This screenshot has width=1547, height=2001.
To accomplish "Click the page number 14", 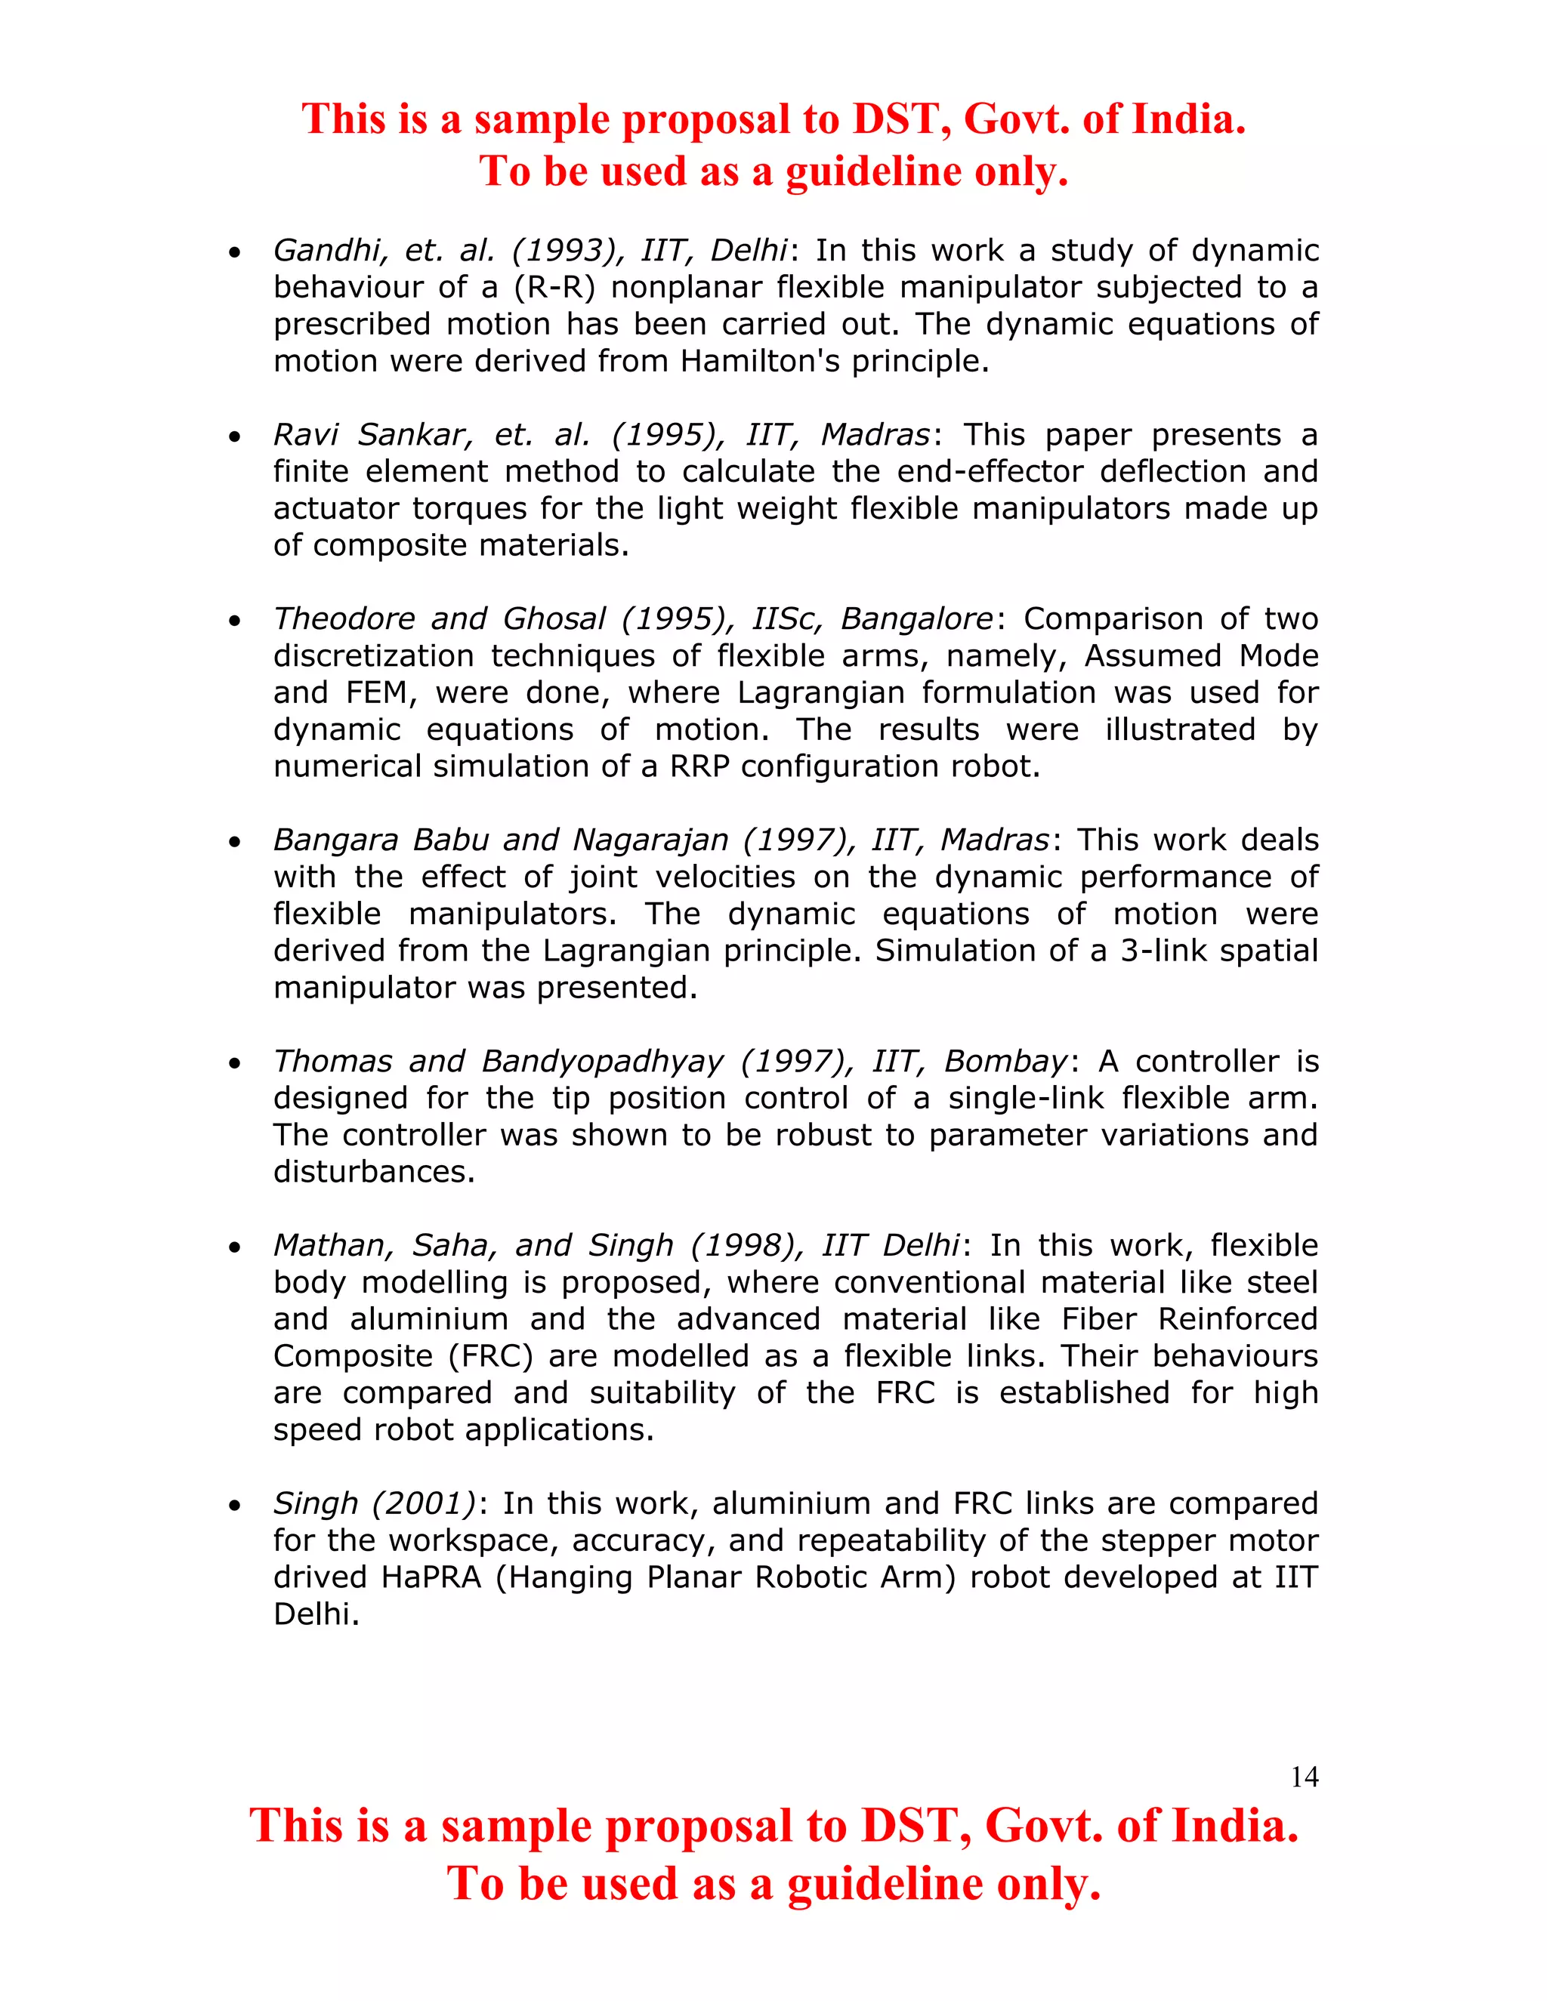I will click(x=1303, y=1777).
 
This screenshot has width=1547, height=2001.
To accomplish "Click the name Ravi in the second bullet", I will click(x=306, y=434).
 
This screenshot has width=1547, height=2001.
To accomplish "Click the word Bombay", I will click(x=1005, y=1061).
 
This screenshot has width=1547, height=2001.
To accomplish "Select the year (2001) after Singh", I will click(x=425, y=1503).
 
